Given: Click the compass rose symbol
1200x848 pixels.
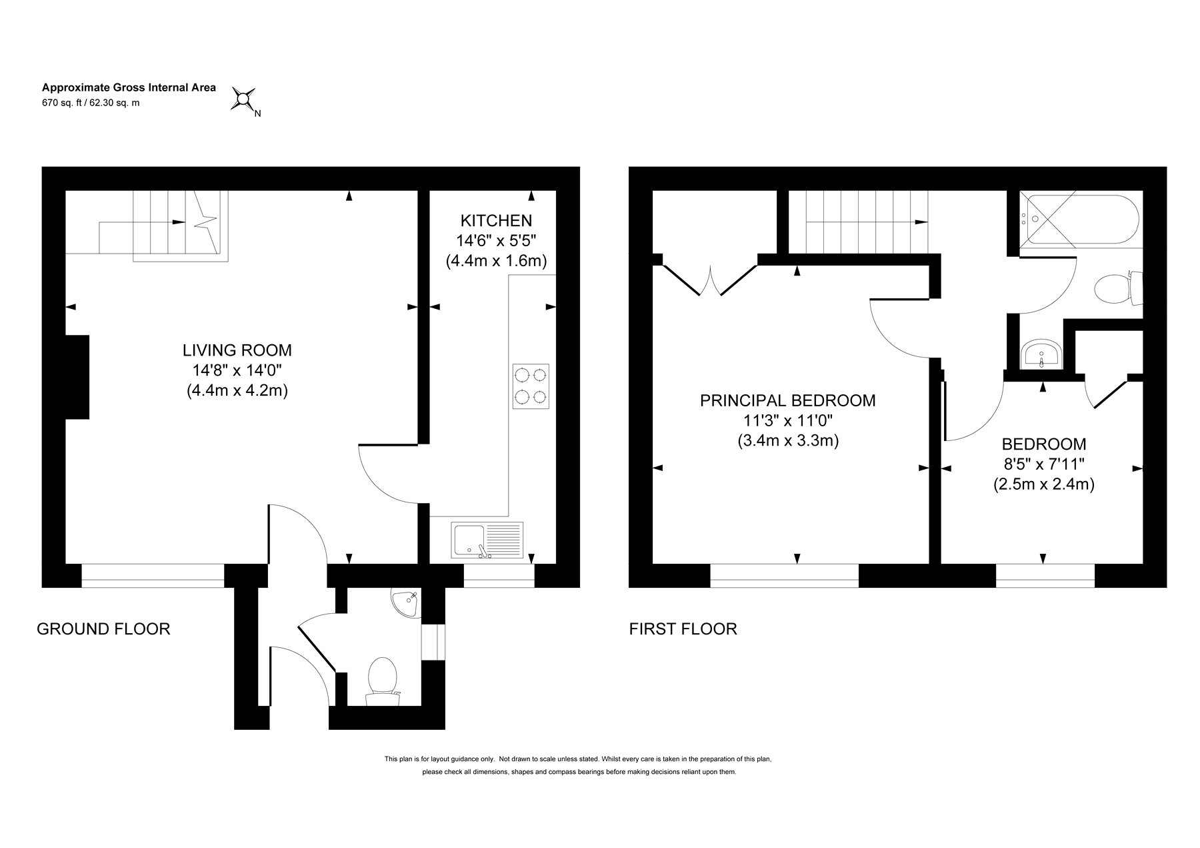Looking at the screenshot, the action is tap(243, 99).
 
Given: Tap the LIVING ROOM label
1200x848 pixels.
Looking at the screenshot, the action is tap(237, 350).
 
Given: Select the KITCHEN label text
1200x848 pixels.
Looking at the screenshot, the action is tap(497, 220).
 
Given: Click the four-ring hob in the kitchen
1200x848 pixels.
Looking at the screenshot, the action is tap(531, 386).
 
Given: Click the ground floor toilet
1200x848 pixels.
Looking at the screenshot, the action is tap(383, 681).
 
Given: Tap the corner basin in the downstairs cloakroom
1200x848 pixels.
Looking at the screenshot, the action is tap(406, 604).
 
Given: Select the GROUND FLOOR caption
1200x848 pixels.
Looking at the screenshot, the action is tap(103, 628).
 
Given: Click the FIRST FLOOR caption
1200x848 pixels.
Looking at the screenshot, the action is tap(683, 628).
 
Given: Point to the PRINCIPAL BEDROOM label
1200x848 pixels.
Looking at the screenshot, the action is tap(788, 400).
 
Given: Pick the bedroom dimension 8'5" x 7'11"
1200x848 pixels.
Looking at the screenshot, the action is tap(1044, 464).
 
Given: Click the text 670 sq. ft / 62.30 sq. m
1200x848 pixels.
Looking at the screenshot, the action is tap(91, 103).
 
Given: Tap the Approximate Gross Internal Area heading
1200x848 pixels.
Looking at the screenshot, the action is tap(129, 87).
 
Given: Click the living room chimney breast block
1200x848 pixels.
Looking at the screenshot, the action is tap(77, 377).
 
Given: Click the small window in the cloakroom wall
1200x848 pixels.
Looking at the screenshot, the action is tap(434, 641).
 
